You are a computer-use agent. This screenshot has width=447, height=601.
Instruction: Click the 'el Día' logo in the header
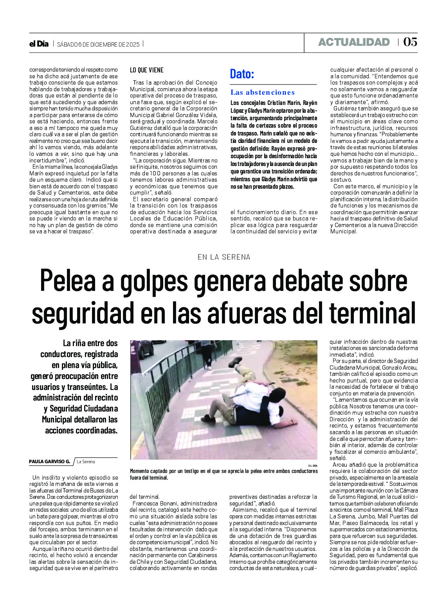point(39,44)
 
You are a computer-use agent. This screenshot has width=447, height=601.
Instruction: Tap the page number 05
point(410,42)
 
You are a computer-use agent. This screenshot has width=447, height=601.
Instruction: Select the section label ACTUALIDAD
point(354,42)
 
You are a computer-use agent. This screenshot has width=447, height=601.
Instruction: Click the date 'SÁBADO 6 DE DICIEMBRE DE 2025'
point(98,44)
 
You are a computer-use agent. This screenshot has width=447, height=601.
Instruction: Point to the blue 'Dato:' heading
point(242,74)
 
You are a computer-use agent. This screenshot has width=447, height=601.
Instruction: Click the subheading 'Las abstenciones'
point(262,92)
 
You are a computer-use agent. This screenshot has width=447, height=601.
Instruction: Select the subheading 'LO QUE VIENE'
point(147,70)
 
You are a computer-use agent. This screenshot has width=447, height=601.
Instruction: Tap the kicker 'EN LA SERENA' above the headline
point(224,257)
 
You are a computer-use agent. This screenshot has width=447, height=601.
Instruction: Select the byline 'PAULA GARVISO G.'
point(49,462)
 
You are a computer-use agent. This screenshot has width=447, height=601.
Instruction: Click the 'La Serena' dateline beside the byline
point(86,462)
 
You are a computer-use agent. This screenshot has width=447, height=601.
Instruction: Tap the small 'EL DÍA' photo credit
point(313,465)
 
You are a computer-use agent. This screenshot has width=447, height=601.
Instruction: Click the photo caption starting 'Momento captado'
point(223,474)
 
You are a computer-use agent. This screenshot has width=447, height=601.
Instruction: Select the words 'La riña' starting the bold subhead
point(75,343)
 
